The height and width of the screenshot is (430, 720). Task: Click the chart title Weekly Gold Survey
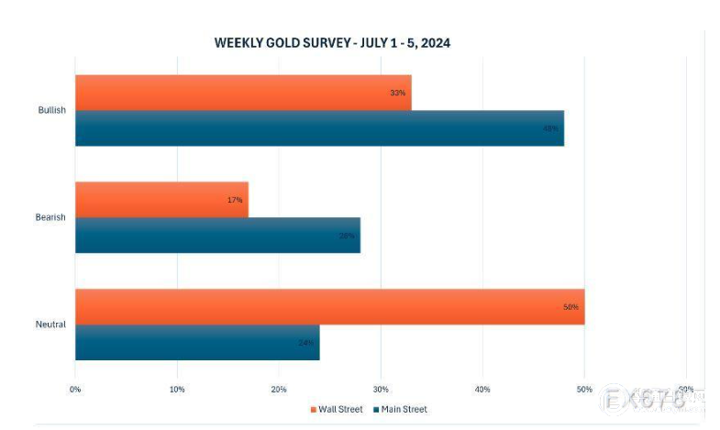332,43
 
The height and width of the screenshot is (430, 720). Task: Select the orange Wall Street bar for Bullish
243,93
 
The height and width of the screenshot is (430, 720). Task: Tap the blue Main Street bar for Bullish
319,128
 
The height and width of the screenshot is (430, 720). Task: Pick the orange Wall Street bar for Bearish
161,199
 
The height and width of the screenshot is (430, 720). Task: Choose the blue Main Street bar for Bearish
217,235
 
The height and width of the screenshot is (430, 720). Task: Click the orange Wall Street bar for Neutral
329,306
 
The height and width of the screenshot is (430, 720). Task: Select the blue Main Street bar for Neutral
197,342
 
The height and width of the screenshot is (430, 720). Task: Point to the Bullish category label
51,110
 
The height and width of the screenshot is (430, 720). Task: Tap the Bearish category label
51,217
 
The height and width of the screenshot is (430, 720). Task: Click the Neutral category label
51,325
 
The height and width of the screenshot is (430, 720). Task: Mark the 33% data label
397,93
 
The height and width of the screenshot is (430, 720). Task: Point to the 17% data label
235,200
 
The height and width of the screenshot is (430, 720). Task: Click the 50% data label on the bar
570,307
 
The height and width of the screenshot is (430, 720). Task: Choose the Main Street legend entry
401,409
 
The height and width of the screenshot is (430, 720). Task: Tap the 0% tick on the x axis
75,389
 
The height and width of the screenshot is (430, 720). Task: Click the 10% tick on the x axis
177,389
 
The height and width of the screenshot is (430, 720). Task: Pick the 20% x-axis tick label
279,389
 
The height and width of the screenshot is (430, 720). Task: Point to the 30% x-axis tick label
381,389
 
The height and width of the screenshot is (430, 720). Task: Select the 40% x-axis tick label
482,389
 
